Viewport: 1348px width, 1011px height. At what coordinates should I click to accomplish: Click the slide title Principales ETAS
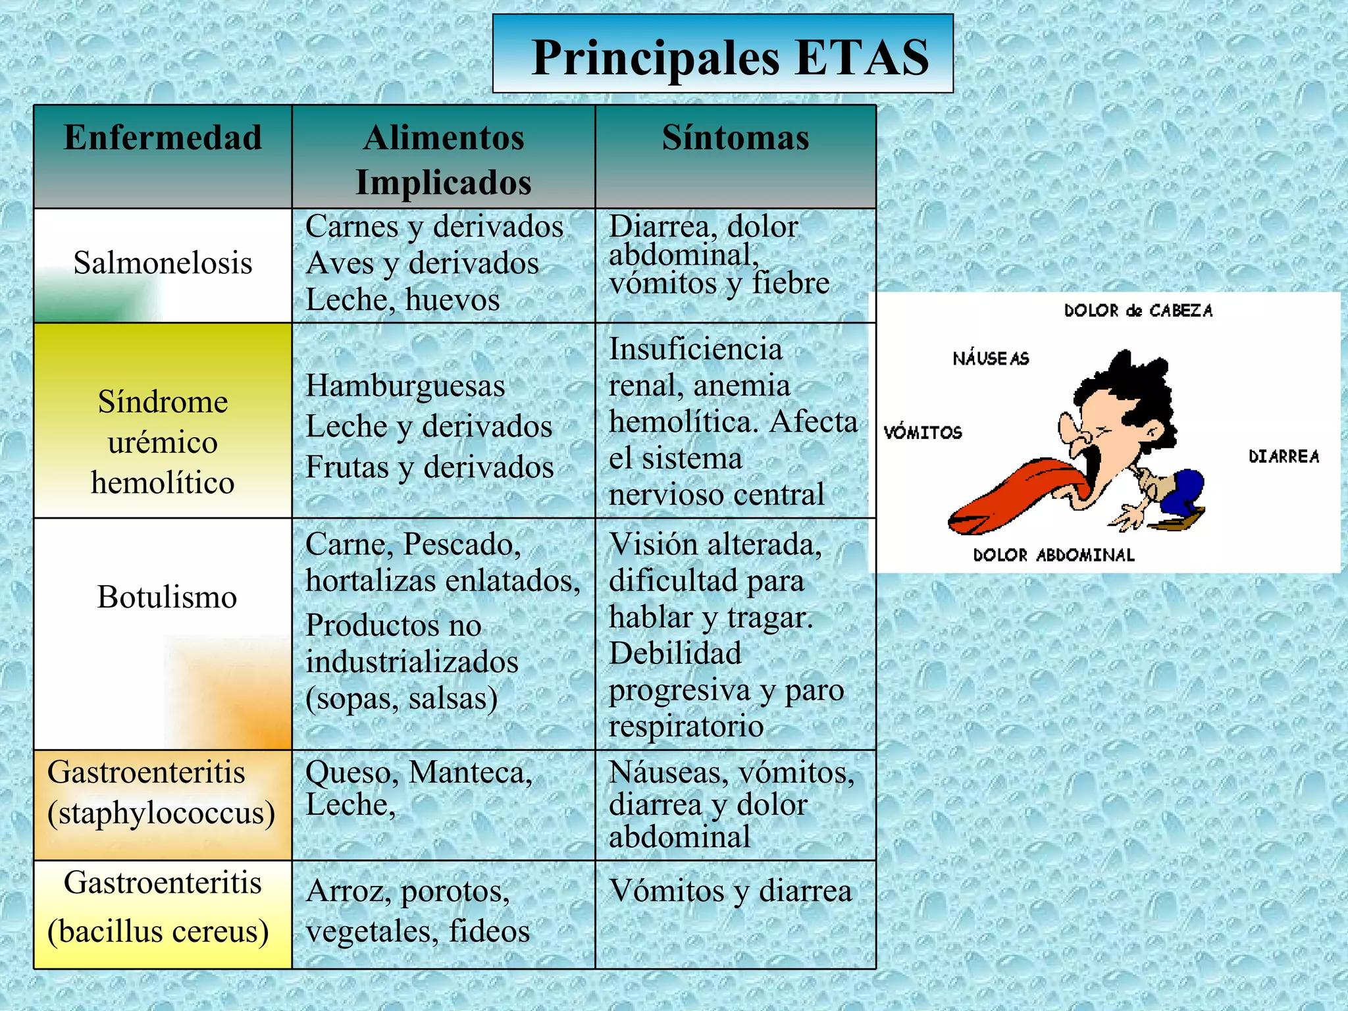click(729, 58)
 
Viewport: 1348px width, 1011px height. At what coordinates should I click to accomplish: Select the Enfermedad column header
click(163, 138)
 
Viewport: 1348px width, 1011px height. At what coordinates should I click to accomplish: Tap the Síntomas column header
click(735, 138)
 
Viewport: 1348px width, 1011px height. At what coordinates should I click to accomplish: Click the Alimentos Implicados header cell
click(444, 160)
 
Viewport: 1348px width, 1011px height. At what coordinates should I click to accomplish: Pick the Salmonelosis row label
click(163, 263)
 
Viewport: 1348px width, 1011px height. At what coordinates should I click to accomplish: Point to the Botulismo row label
click(167, 598)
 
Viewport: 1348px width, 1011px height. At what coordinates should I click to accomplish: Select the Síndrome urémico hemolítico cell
click(163, 442)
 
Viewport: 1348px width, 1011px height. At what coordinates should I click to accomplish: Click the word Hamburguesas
click(405, 386)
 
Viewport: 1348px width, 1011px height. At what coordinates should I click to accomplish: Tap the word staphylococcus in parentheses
click(161, 813)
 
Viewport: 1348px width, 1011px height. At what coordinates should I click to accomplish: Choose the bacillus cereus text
click(159, 931)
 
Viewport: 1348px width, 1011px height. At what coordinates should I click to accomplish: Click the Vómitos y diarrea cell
click(731, 891)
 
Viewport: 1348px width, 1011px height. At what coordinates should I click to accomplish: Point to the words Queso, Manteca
click(419, 773)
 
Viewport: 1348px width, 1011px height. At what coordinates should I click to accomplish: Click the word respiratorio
click(686, 727)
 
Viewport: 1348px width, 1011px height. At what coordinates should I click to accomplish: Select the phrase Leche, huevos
click(403, 300)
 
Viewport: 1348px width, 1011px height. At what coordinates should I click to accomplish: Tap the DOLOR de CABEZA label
click(1138, 311)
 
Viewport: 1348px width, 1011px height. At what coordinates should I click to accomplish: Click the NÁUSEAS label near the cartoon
click(991, 359)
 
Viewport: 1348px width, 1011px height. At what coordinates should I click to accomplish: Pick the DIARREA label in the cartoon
click(1283, 457)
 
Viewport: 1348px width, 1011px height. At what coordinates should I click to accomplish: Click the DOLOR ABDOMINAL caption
click(1054, 556)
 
